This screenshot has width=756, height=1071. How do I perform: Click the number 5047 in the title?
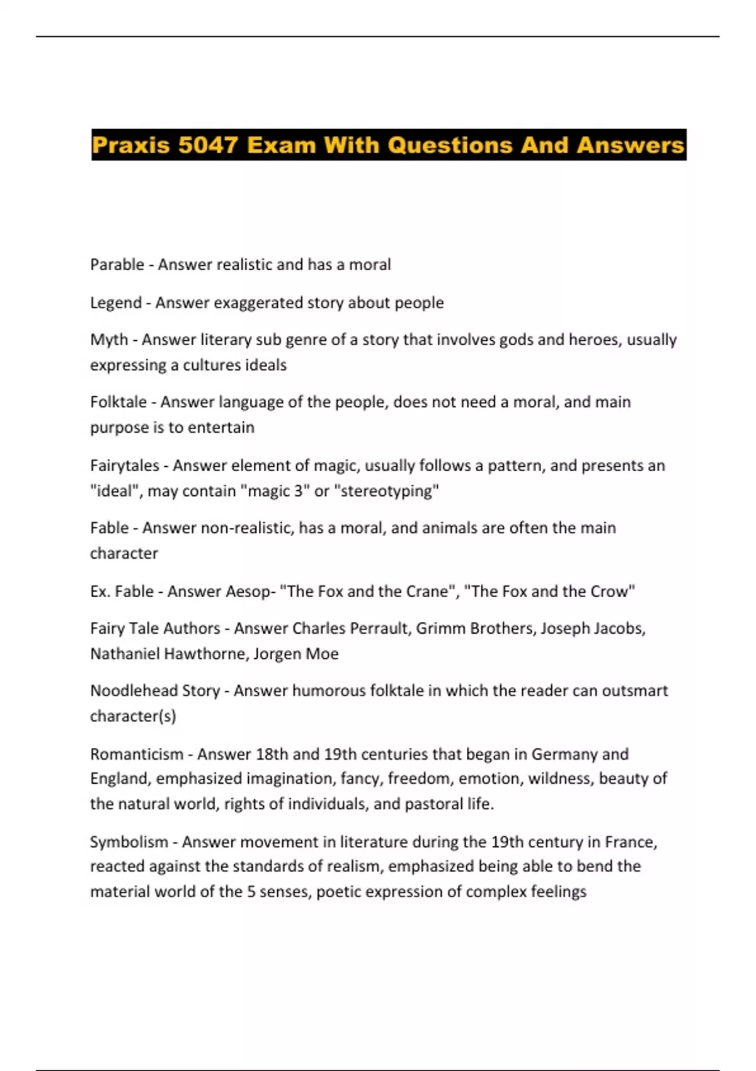[207, 146]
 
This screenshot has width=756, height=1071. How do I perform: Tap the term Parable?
[117, 265]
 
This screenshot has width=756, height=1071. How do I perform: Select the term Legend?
[116, 303]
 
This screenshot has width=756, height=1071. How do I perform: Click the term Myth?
[109, 340]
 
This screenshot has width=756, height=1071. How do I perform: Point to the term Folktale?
[118, 402]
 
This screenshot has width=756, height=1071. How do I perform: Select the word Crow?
[610, 592]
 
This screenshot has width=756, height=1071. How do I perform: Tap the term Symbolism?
[129, 842]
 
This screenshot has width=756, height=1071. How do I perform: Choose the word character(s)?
[133, 716]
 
